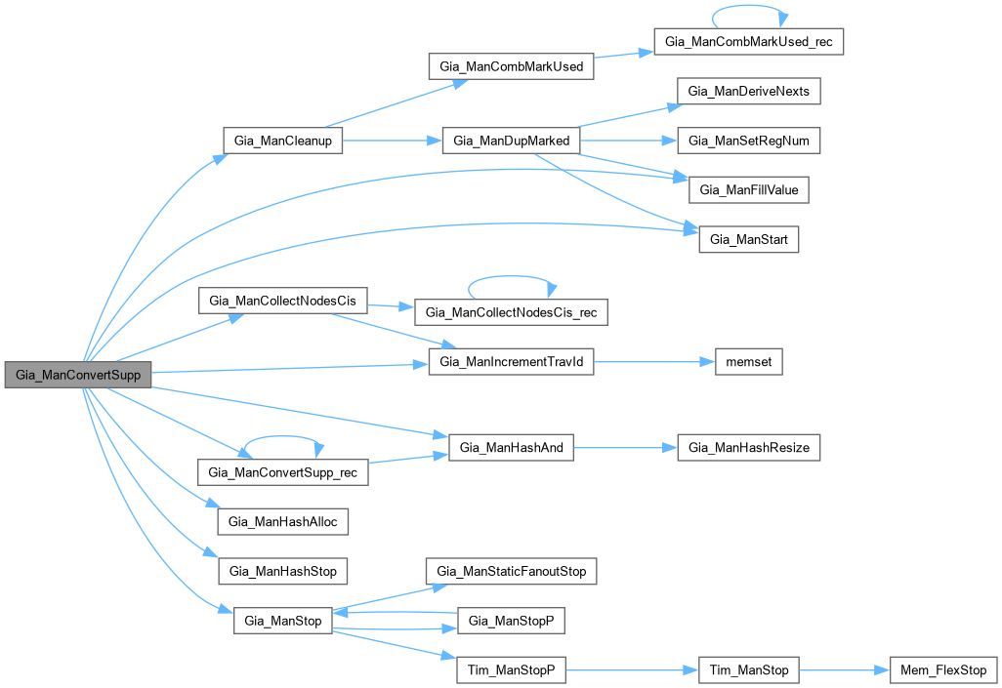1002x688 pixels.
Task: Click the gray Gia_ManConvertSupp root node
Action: pyautogui.click(x=77, y=375)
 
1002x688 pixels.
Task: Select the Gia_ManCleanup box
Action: pyautogui.click(x=283, y=141)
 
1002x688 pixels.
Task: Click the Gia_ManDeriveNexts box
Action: pyautogui.click(x=749, y=92)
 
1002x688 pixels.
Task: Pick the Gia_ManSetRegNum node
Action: pyautogui.click(x=749, y=141)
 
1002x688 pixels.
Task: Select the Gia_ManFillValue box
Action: pyautogui.click(x=749, y=189)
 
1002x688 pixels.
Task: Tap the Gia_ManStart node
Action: pyautogui.click(x=749, y=239)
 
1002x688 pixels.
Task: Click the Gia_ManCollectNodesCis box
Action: pyautogui.click(x=283, y=301)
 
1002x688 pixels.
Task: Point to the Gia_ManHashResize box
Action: pyautogui.click(x=749, y=448)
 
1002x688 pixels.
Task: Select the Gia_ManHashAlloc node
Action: pyautogui.click(x=283, y=521)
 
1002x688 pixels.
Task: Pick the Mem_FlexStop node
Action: pyautogui.click(x=943, y=670)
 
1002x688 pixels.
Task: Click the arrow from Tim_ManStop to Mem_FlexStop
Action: pyautogui.click(x=845, y=670)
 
